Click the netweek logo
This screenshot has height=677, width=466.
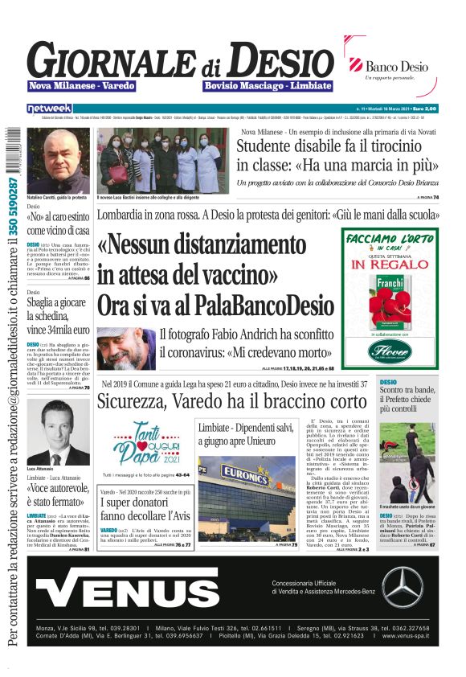point(50,108)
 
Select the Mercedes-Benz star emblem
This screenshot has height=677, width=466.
point(403,610)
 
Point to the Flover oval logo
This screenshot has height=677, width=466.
point(389,351)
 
